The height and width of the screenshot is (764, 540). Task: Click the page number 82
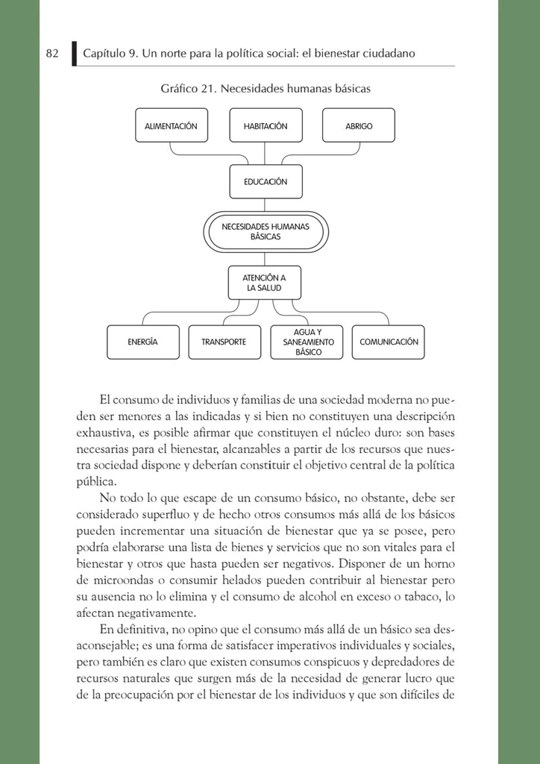[52, 54]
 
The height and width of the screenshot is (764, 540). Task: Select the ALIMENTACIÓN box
[171, 126]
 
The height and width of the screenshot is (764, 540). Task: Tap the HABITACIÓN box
[266, 126]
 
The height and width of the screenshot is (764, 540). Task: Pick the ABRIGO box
[359, 126]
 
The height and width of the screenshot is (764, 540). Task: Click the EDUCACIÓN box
[266, 181]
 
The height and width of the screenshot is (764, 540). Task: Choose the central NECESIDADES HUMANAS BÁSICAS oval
[266, 231]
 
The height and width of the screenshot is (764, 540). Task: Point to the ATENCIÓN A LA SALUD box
[266, 283]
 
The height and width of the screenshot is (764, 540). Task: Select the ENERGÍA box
[143, 342]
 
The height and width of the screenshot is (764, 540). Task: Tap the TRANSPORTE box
[224, 342]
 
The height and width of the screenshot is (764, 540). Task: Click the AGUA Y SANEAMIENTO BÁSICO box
[307, 342]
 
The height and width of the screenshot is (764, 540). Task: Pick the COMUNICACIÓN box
[389, 342]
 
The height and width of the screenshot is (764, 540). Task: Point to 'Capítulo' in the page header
[104, 54]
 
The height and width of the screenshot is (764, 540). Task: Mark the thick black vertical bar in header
[75, 54]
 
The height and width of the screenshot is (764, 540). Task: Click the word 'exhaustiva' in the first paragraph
[104, 433]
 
